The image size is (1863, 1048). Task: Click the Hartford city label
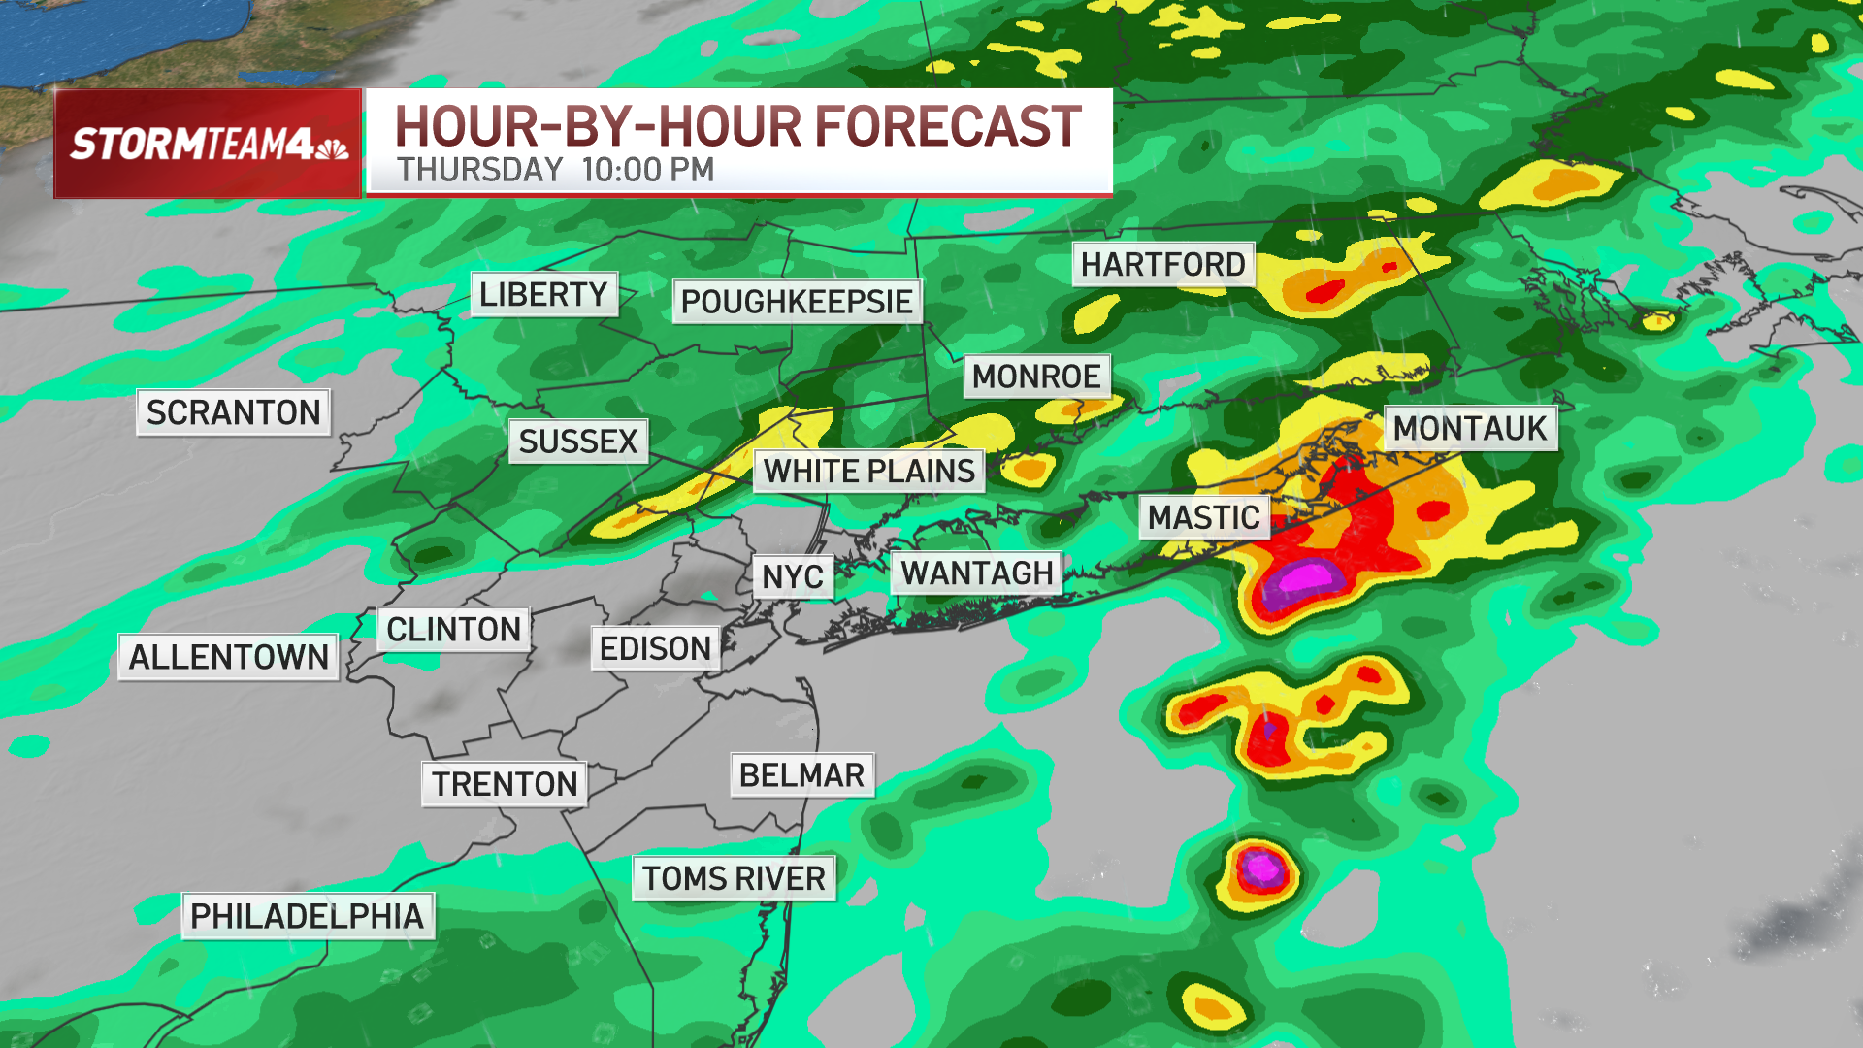[1162, 264]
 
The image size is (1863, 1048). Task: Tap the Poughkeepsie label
[796, 302]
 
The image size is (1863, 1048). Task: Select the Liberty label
[543, 294]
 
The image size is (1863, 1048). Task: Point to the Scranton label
[233, 412]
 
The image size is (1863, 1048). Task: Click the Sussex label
[577, 442]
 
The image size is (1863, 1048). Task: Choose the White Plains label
[868, 472]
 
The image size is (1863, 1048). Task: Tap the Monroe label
[1036, 377]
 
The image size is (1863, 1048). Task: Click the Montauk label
[1470, 428]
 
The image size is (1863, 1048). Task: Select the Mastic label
[1203, 518]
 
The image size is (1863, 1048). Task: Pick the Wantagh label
[976, 573]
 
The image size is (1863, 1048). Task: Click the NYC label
[793, 577]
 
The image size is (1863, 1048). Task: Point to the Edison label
[655, 648]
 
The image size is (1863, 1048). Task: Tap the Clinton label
[453, 629]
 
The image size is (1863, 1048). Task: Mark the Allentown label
[228, 657]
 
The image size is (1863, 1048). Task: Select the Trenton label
[505, 784]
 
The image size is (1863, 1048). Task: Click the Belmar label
[801, 775]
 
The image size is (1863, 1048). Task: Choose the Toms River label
[734, 878]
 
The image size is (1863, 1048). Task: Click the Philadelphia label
[307, 916]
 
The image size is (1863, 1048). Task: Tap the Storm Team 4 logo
[208, 144]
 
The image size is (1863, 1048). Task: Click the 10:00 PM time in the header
[648, 171]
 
